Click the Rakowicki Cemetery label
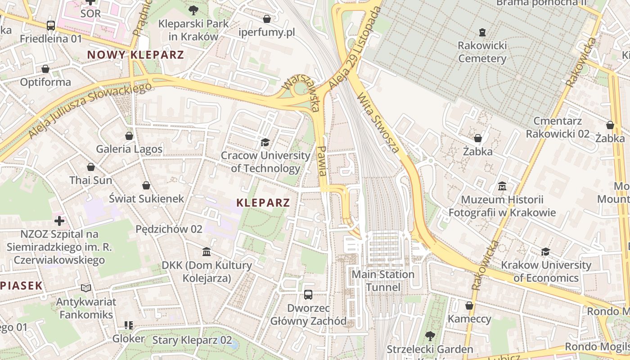click(482, 52)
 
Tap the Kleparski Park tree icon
click(193, 10)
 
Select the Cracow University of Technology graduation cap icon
click(265, 143)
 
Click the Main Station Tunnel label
click(383, 281)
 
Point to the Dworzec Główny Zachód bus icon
click(308, 295)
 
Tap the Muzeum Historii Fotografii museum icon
click(502, 186)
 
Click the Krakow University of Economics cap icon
click(546, 252)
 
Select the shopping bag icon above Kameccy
click(469, 306)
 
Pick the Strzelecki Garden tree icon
click(430, 336)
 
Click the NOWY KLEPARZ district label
click(135, 55)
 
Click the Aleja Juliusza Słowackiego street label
click(90, 110)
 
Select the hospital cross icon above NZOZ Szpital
click(59, 220)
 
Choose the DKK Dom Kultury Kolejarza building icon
click(207, 252)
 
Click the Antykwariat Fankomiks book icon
click(86, 288)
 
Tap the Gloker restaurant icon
click(129, 325)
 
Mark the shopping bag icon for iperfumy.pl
click(267, 19)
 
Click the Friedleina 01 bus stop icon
click(51, 26)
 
